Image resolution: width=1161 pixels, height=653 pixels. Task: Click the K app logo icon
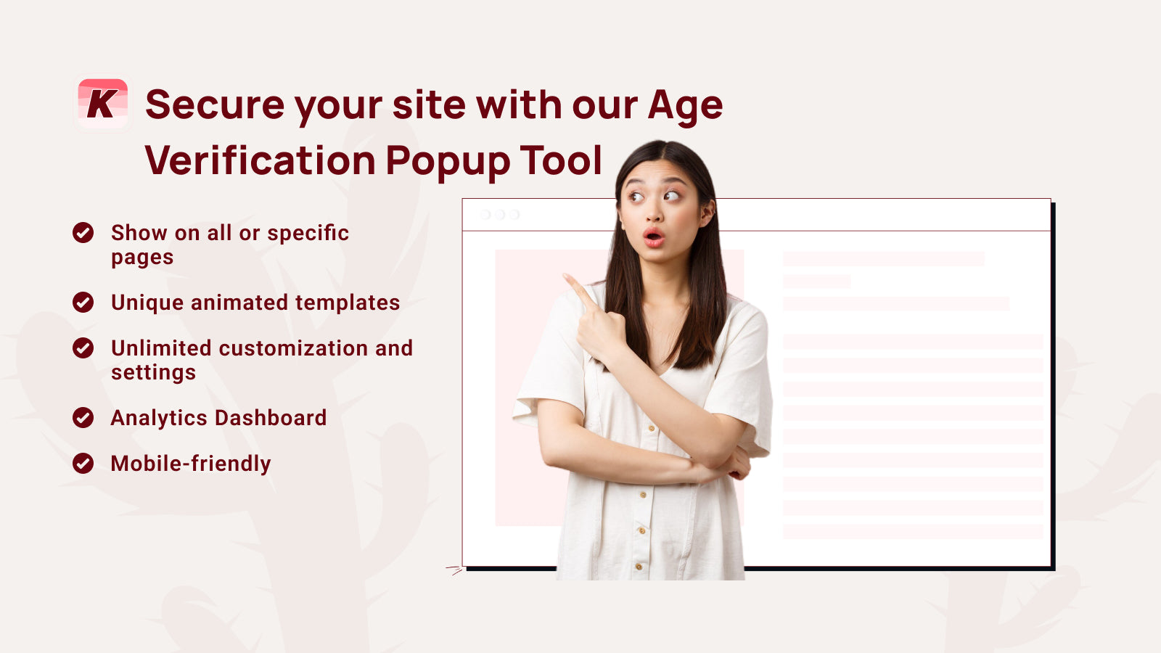102,104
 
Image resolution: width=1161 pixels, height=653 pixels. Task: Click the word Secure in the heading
215,105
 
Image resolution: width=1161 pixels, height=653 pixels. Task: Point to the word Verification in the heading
260,160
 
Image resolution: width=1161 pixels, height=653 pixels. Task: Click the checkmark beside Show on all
83,233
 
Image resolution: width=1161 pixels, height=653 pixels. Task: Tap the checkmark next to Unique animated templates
83,303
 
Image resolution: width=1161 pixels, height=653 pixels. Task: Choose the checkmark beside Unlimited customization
83,348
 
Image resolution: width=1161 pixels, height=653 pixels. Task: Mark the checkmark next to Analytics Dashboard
83,418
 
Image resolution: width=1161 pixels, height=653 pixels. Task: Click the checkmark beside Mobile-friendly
83,464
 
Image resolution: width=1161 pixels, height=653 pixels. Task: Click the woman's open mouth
653,237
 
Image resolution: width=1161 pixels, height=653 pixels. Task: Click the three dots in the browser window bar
500,215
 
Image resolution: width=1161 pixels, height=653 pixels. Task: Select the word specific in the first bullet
308,234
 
